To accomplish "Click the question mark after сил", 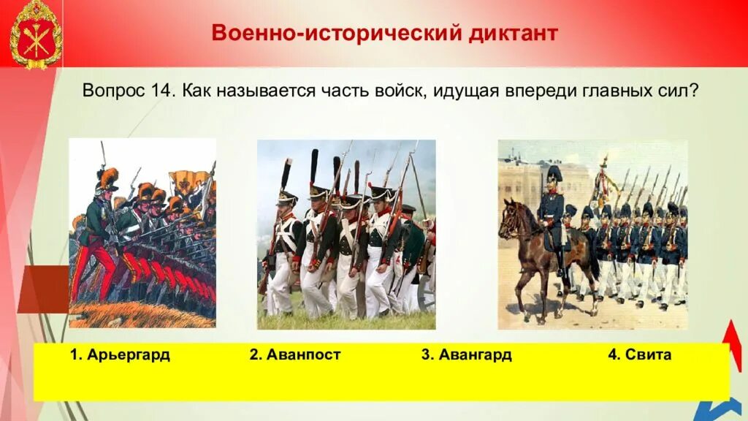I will [x=694, y=91].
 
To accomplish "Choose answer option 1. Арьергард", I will [x=120, y=355].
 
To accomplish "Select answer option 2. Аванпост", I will [x=295, y=355].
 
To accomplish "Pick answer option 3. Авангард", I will [x=466, y=355].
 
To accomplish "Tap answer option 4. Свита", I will [x=639, y=355].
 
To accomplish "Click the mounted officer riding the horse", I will [x=552, y=208].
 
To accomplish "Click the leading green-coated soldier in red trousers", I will [x=95, y=234].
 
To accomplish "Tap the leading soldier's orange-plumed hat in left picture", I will [x=108, y=178].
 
